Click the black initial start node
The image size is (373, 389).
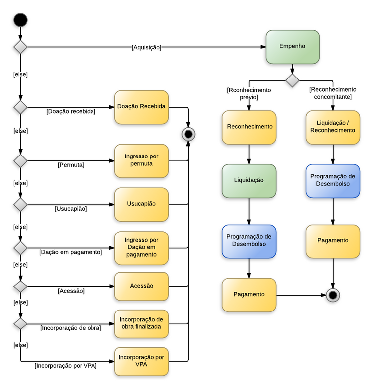(20, 20)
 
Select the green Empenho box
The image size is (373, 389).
(292, 47)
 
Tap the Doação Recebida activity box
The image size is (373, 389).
(141, 107)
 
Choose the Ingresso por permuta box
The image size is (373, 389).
(141, 160)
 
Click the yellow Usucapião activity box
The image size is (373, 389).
(141, 204)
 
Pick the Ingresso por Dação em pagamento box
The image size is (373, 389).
(141, 247)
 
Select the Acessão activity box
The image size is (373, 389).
(141, 286)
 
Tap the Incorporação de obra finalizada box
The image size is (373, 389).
(141, 323)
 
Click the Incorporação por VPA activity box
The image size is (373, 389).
(141, 361)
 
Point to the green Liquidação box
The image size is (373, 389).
(249, 181)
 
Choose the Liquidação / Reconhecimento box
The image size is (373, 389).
(333, 127)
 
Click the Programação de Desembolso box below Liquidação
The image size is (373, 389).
(249, 241)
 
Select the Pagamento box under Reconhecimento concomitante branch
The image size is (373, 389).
(333, 241)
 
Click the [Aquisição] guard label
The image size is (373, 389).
(146, 47)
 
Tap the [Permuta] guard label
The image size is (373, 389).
(71, 165)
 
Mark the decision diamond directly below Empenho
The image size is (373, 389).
(292, 80)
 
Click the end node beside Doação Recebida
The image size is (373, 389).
(188, 134)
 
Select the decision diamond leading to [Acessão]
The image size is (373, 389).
(20, 286)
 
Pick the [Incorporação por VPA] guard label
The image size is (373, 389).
(66, 366)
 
